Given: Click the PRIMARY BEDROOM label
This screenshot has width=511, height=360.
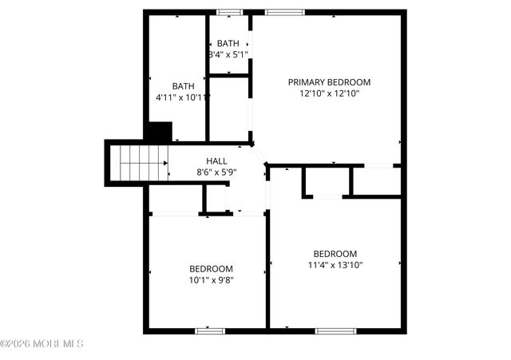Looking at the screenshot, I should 329,81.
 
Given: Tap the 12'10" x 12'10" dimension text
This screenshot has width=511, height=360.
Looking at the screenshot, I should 329,93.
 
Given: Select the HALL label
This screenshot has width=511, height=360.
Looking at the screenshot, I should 217,160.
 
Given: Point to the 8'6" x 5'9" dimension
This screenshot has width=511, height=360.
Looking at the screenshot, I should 217,172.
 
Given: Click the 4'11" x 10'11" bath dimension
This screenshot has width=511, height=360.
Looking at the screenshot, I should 183,97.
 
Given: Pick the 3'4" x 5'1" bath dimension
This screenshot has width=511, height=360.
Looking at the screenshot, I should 228,55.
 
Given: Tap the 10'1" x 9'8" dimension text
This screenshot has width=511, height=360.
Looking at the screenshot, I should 211,280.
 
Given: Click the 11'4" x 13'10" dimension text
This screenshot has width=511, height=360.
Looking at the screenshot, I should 335,266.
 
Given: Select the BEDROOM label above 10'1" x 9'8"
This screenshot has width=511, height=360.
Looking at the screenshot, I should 211,269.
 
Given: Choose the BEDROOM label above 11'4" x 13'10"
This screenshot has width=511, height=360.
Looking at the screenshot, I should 335,254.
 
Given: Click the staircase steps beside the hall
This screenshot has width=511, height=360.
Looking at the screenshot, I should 141,163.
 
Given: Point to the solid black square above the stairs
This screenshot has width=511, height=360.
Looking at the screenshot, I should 159,133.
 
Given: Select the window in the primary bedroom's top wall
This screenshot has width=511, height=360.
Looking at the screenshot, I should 279,13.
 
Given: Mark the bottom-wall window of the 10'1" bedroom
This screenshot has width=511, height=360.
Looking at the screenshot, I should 211,330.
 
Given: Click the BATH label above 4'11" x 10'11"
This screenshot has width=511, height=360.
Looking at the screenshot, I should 184,86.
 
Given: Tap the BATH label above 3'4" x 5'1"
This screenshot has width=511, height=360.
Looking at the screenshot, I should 228,44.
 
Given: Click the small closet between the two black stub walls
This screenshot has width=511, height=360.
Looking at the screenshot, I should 327,181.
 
